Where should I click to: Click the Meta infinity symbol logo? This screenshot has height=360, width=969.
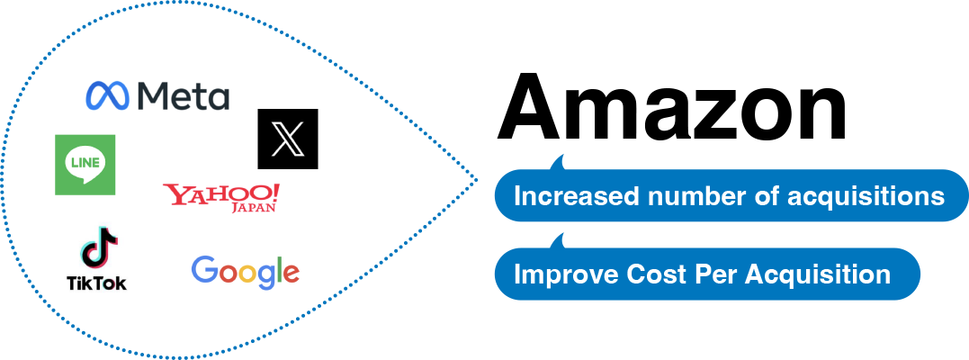click(108, 94)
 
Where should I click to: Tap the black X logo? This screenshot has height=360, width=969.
click(288, 139)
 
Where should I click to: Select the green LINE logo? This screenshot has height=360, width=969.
click(85, 165)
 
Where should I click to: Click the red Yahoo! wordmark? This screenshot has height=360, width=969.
click(220, 193)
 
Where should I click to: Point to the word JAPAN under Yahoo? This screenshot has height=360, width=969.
click(255, 208)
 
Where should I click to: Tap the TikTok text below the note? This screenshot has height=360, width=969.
click(97, 283)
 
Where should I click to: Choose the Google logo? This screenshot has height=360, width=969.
click(246, 272)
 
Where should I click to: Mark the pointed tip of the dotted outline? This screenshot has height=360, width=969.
click(477, 181)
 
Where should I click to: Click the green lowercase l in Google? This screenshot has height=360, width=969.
click(277, 269)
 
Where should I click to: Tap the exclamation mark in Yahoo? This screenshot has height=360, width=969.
click(275, 192)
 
